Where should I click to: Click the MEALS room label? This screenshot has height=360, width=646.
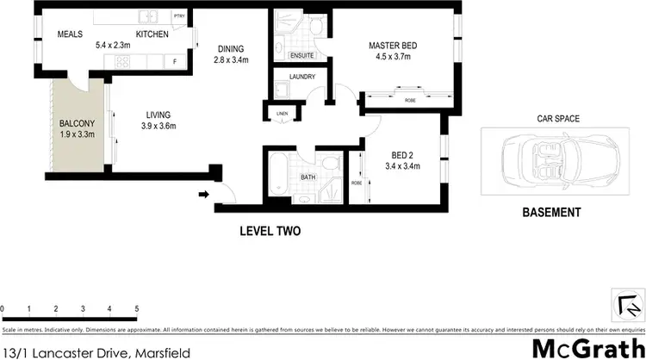(70, 34)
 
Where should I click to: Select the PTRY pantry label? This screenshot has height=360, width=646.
(179, 16)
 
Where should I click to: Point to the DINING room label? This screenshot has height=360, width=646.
(230, 48)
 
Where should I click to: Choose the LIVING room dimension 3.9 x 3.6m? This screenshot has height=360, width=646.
(158, 126)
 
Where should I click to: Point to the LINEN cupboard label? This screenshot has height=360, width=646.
(282, 113)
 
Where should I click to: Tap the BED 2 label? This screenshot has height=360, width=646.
(401, 155)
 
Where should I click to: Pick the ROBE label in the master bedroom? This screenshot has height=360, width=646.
(410, 101)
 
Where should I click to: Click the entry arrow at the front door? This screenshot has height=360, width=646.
(204, 194)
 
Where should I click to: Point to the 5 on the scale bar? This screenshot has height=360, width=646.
(136, 308)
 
